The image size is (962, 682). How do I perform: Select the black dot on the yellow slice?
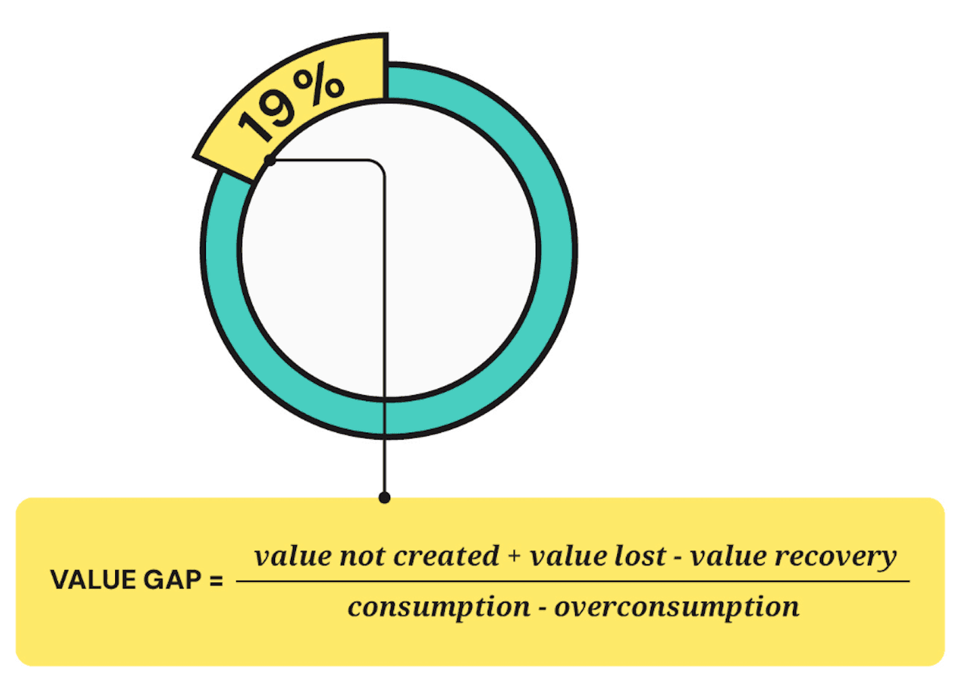click(270, 160)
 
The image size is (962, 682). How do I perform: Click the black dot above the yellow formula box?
click(385, 497)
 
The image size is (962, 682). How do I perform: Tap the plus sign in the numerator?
click(514, 558)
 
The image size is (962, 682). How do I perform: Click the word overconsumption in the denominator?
click(676, 607)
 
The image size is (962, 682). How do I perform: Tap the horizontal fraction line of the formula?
click(571, 581)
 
